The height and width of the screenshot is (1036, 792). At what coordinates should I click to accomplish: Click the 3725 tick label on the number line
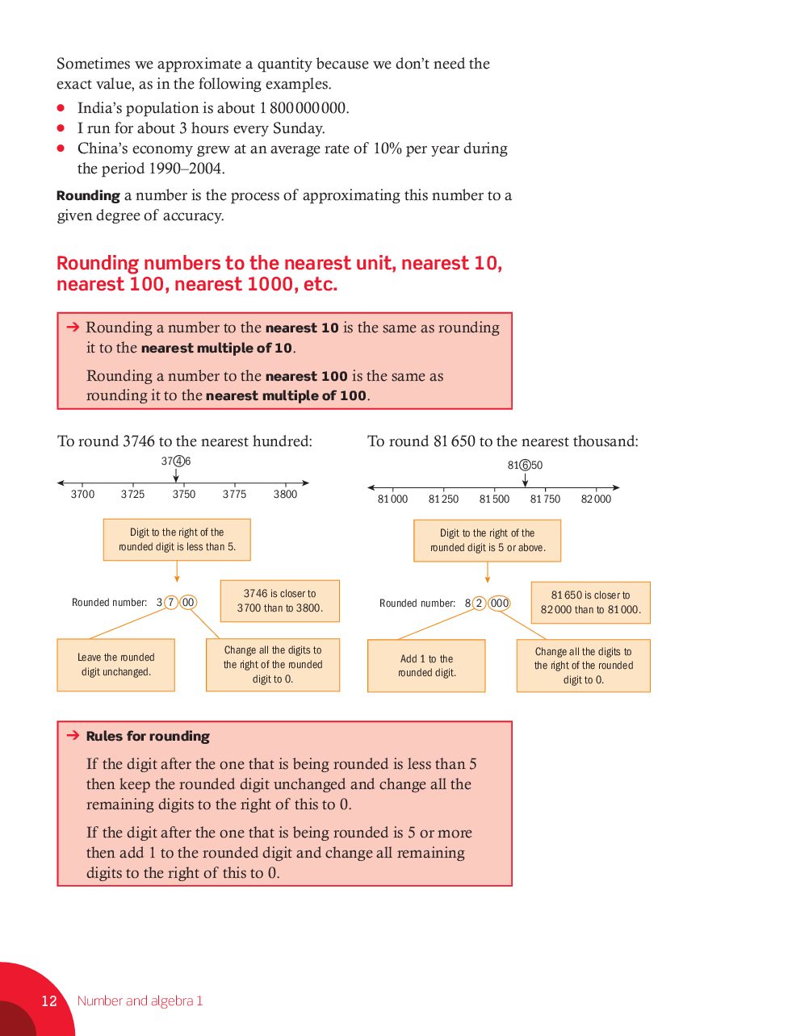(x=132, y=494)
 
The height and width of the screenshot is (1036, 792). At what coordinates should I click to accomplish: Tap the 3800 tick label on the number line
(x=285, y=494)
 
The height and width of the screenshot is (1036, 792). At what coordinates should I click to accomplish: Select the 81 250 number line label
(x=443, y=499)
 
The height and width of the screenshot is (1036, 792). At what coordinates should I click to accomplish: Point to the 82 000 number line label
(x=596, y=499)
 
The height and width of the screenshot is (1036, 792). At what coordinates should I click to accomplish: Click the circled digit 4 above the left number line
(x=179, y=462)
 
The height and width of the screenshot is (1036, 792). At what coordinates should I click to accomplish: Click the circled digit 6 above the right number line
(x=525, y=466)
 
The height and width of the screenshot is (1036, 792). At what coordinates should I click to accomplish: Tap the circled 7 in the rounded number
(x=171, y=602)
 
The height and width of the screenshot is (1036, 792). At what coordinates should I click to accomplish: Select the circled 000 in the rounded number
(x=499, y=604)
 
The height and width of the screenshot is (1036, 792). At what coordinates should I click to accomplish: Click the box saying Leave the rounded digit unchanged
(x=115, y=665)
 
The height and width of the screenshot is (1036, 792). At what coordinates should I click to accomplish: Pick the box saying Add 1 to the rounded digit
(x=426, y=666)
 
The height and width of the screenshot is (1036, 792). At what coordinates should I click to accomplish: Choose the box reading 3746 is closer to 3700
(x=279, y=601)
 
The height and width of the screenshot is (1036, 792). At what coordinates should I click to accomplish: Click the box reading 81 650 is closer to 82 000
(x=590, y=603)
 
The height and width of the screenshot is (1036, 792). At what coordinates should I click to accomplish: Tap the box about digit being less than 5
(x=177, y=540)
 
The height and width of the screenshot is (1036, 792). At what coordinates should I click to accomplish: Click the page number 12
(x=49, y=1000)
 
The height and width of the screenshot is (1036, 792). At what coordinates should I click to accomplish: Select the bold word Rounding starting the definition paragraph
(x=88, y=195)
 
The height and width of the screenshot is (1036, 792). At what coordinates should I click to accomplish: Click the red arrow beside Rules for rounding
(x=73, y=735)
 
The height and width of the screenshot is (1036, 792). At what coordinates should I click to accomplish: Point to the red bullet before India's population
(x=61, y=107)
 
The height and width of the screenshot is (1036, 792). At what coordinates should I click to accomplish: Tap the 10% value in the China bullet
(x=388, y=148)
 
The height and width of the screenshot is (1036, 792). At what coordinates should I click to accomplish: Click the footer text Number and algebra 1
(x=140, y=1000)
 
